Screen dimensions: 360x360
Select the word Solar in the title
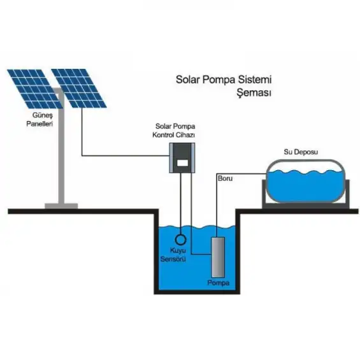[189, 80]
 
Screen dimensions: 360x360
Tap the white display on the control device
[184, 162]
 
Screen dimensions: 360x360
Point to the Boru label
[226, 179]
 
